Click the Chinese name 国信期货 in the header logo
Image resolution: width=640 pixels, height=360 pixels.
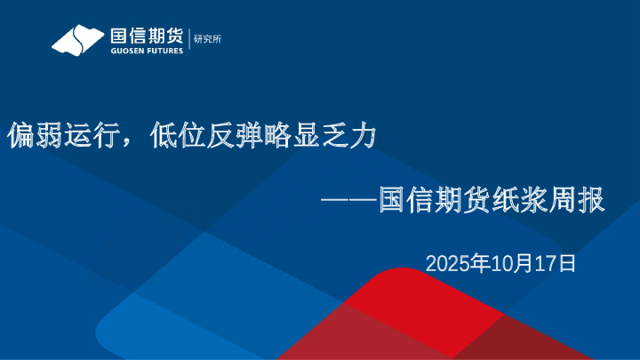click(145, 36)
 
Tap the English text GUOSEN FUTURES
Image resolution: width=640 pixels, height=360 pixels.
click(145, 51)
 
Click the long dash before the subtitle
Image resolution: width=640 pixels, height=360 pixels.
click(350, 201)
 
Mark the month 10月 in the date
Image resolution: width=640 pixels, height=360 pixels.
click(512, 263)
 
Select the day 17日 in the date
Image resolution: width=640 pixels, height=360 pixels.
click(560, 263)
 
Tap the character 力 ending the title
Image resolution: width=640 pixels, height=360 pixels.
click(366, 136)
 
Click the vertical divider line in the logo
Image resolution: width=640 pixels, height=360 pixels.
click(189, 40)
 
